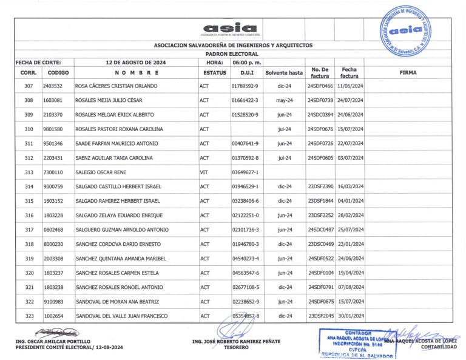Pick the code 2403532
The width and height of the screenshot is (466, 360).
[x=52, y=86]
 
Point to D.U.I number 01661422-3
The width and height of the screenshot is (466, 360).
[x=245, y=100]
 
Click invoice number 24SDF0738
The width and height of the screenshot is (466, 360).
[x=320, y=100]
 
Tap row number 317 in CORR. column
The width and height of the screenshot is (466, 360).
[x=29, y=229]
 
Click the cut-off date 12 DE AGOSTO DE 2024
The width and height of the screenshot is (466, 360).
[x=135, y=62]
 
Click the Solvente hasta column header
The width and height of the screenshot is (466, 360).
[x=284, y=72]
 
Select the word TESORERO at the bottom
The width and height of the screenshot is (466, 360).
[x=236, y=347]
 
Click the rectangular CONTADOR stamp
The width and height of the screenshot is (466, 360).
[x=353, y=344]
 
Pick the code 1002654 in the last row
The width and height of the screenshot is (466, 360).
[x=52, y=316]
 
